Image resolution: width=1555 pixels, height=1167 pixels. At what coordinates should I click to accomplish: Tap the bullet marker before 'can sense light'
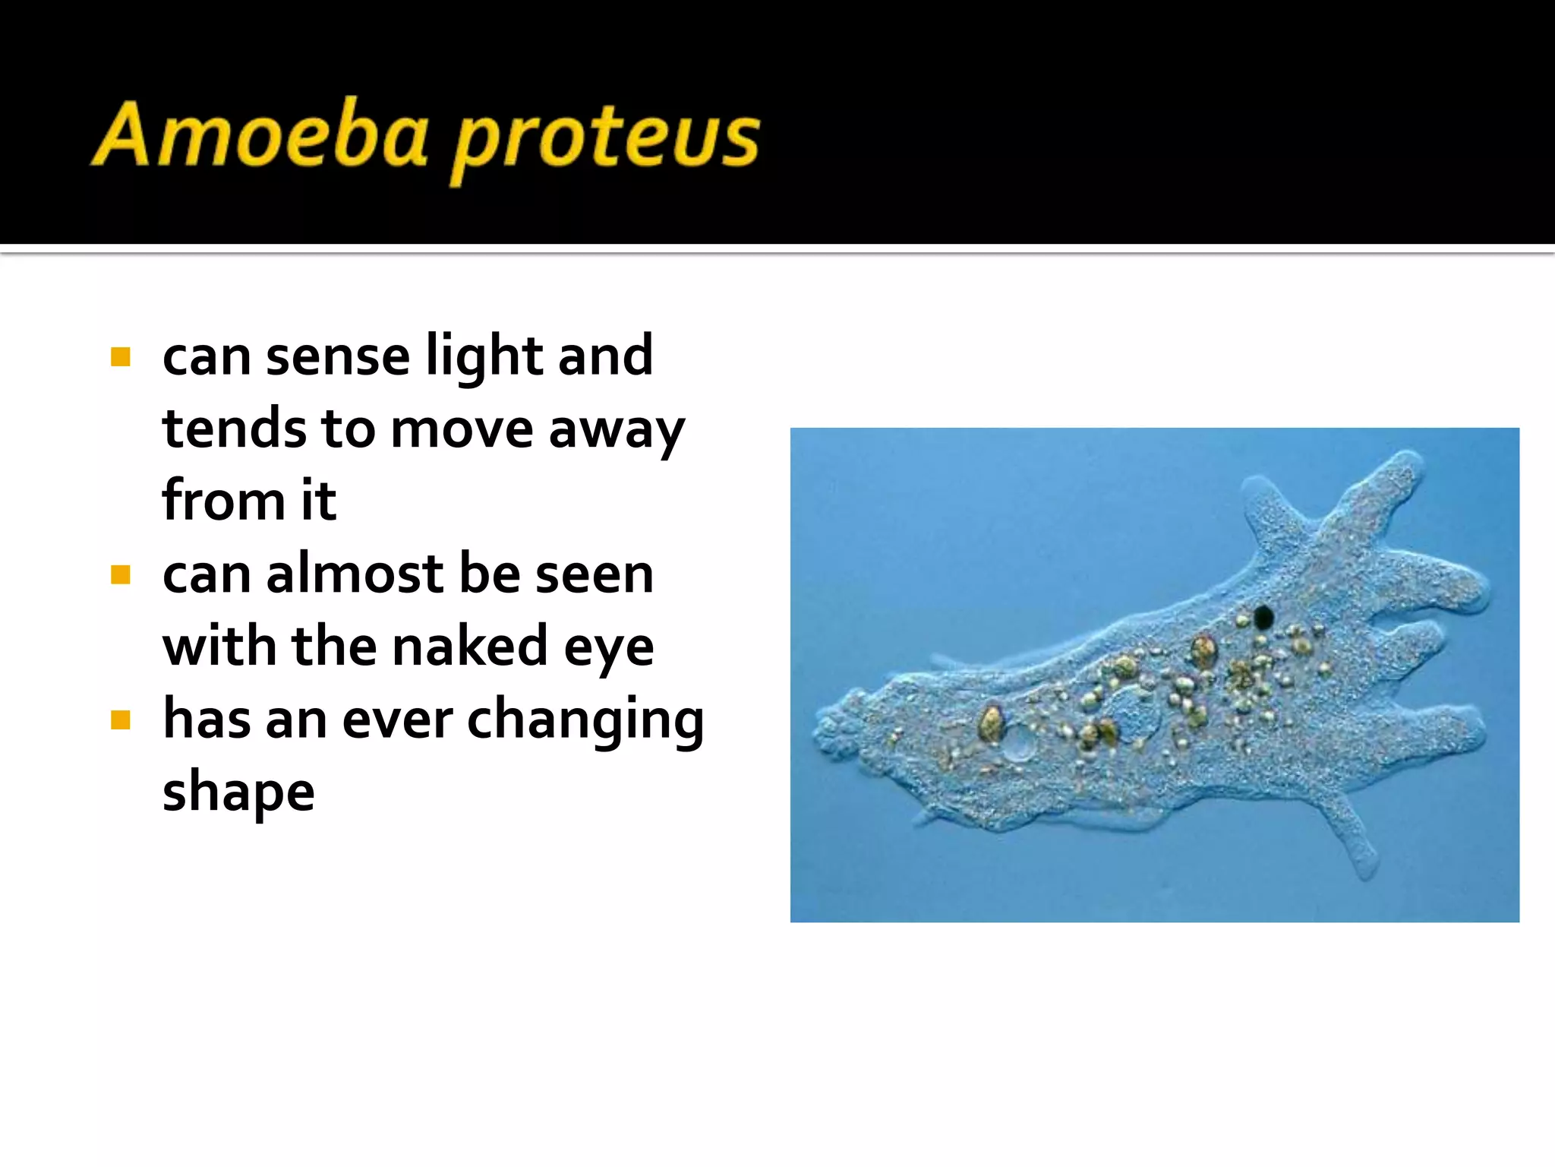(121, 357)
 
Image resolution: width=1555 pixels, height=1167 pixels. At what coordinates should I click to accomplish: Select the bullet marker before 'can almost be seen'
(121, 574)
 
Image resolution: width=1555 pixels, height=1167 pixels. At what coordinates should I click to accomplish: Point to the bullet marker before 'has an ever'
(121, 719)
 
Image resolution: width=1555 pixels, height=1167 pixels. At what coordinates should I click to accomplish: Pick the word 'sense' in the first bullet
(338, 357)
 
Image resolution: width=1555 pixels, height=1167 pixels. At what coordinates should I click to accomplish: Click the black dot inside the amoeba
(1263, 617)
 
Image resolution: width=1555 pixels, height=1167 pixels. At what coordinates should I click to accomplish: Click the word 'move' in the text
(462, 430)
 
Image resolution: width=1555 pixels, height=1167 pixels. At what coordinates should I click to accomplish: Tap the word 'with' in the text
(219, 647)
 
